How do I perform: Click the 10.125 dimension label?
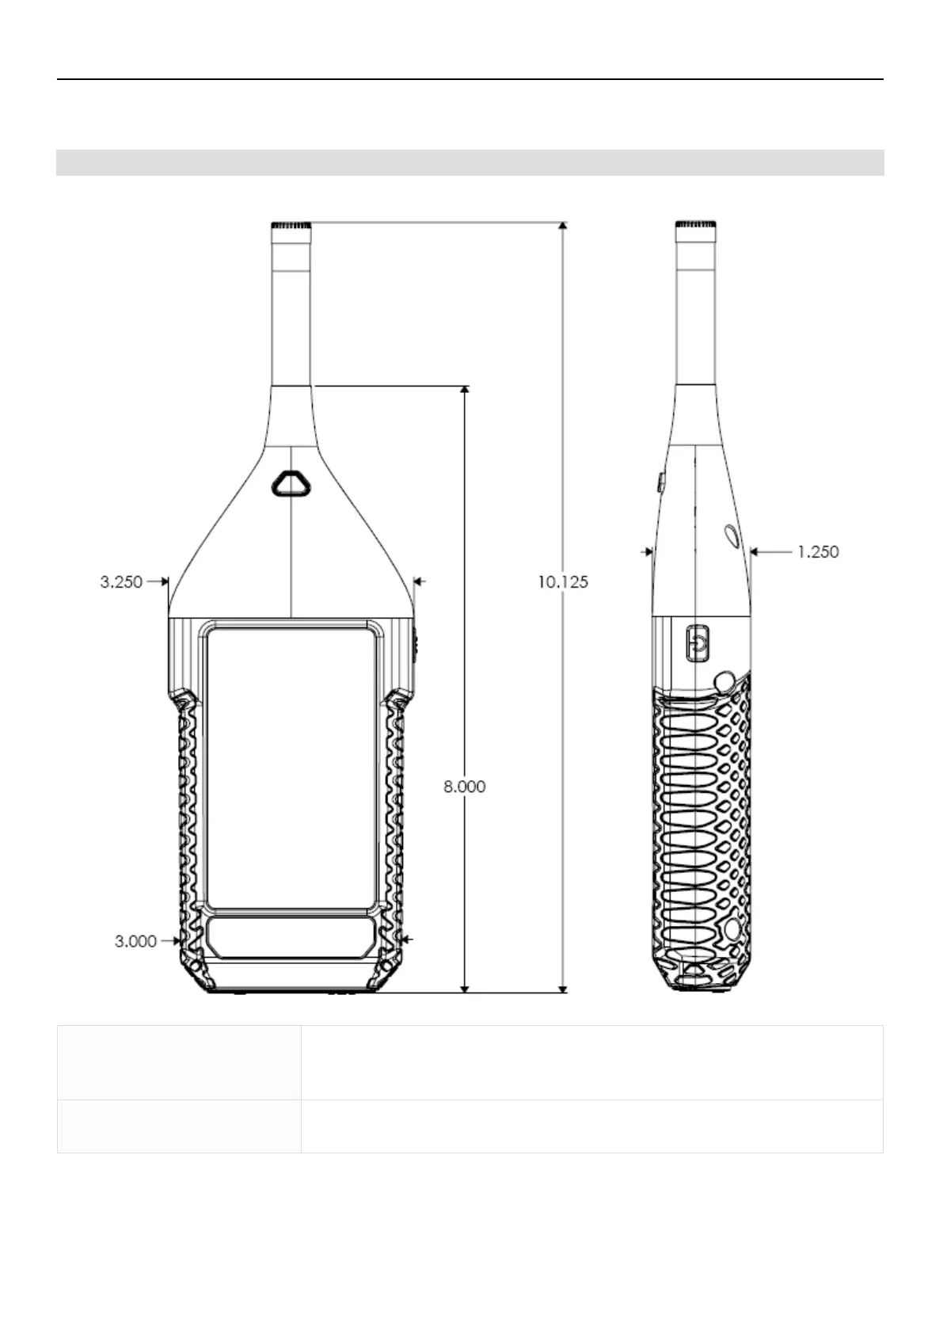pyautogui.click(x=563, y=581)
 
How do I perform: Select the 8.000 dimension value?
pyautogui.click(x=464, y=787)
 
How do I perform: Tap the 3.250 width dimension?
pyautogui.click(x=121, y=581)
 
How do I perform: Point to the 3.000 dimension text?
pyautogui.click(x=135, y=942)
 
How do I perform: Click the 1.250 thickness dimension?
pyautogui.click(x=818, y=552)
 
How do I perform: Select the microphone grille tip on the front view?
pyautogui.click(x=291, y=226)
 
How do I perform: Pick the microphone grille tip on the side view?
pyautogui.click(x=695, y=225)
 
